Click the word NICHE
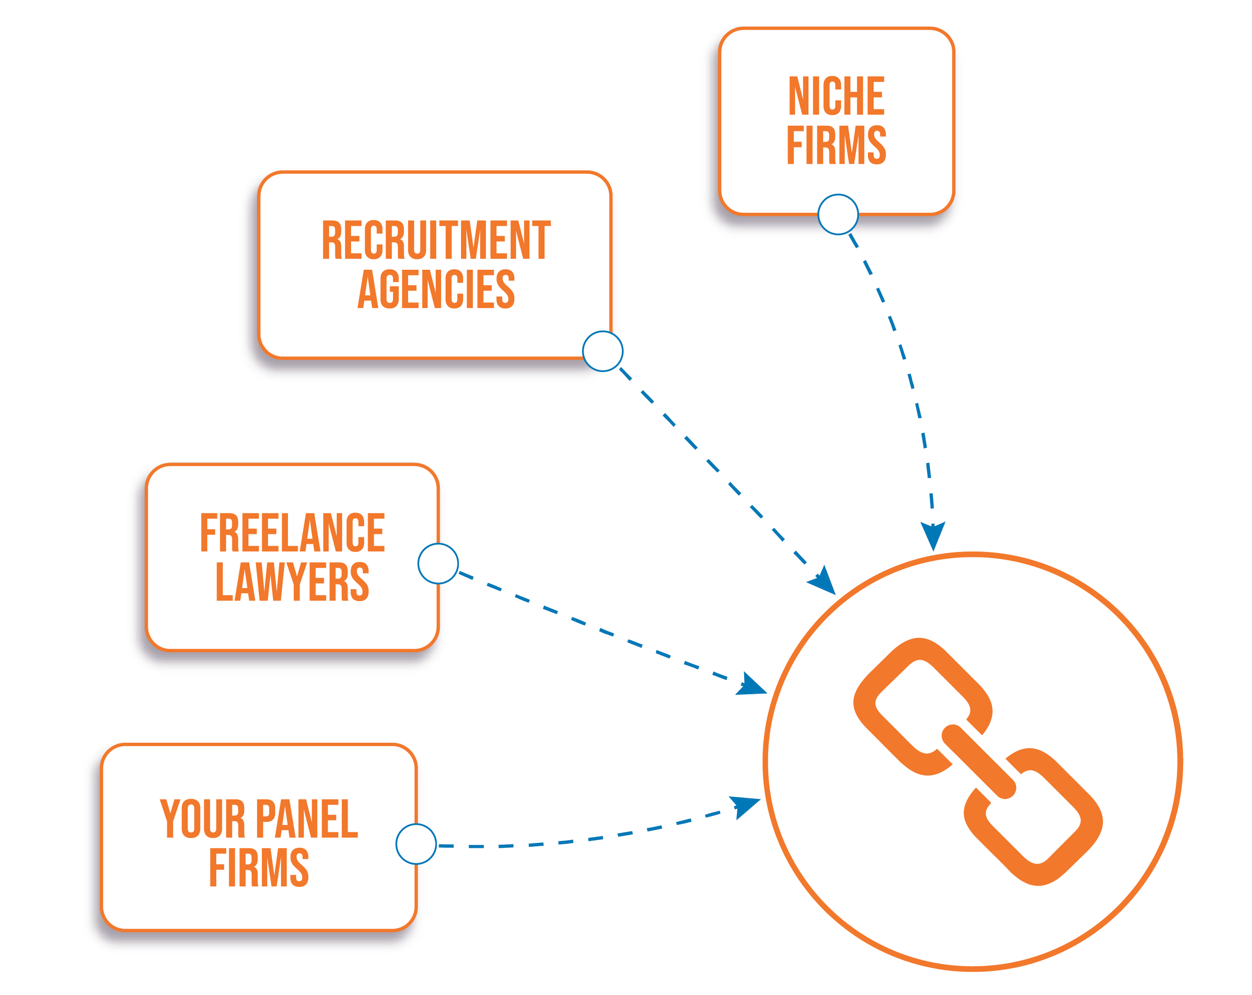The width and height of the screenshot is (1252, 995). tap(836, 97)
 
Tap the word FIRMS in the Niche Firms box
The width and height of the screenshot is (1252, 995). tap(836, 145)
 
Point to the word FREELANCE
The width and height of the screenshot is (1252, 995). tap(292, 533)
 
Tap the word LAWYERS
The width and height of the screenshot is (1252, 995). tap(292, 582)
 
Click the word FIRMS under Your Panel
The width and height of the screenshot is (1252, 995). tap(259, 867)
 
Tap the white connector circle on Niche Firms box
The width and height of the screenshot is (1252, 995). tap(838, 215)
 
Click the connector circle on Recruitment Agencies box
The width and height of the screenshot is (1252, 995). tap(603, 351)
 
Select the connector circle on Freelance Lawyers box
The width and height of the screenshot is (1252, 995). tap(438, 564)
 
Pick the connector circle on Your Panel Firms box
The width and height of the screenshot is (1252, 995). tap(416, 844)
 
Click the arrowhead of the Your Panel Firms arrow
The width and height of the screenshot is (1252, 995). tap(746, 806)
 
